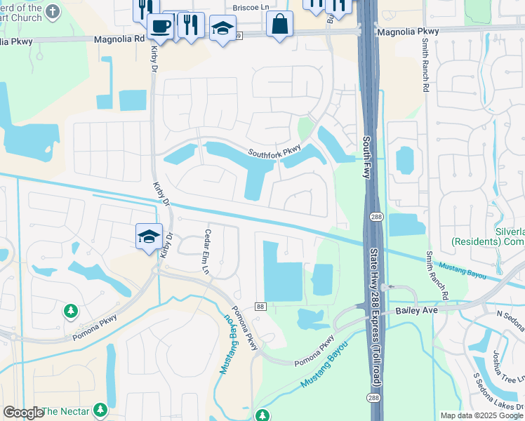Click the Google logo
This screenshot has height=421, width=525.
click(x=23, y=413)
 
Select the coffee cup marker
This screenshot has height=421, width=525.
click(x=161, y=26)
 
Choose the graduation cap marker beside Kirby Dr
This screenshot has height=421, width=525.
click(x=149, y=236)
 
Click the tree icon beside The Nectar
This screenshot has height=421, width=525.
click(x=100, y=409)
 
